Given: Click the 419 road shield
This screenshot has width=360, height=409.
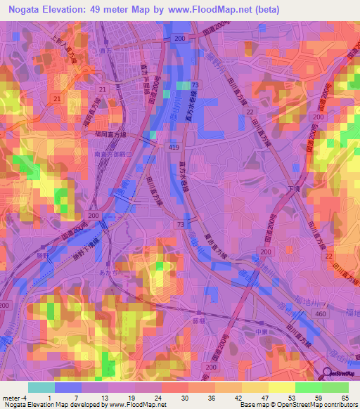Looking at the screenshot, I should [174, 148].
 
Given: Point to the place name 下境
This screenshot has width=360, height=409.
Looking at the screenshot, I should [295, 189].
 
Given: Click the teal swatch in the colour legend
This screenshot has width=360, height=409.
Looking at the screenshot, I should [41, 387].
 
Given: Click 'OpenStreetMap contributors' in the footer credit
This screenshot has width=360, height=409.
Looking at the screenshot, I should [319, 405].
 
